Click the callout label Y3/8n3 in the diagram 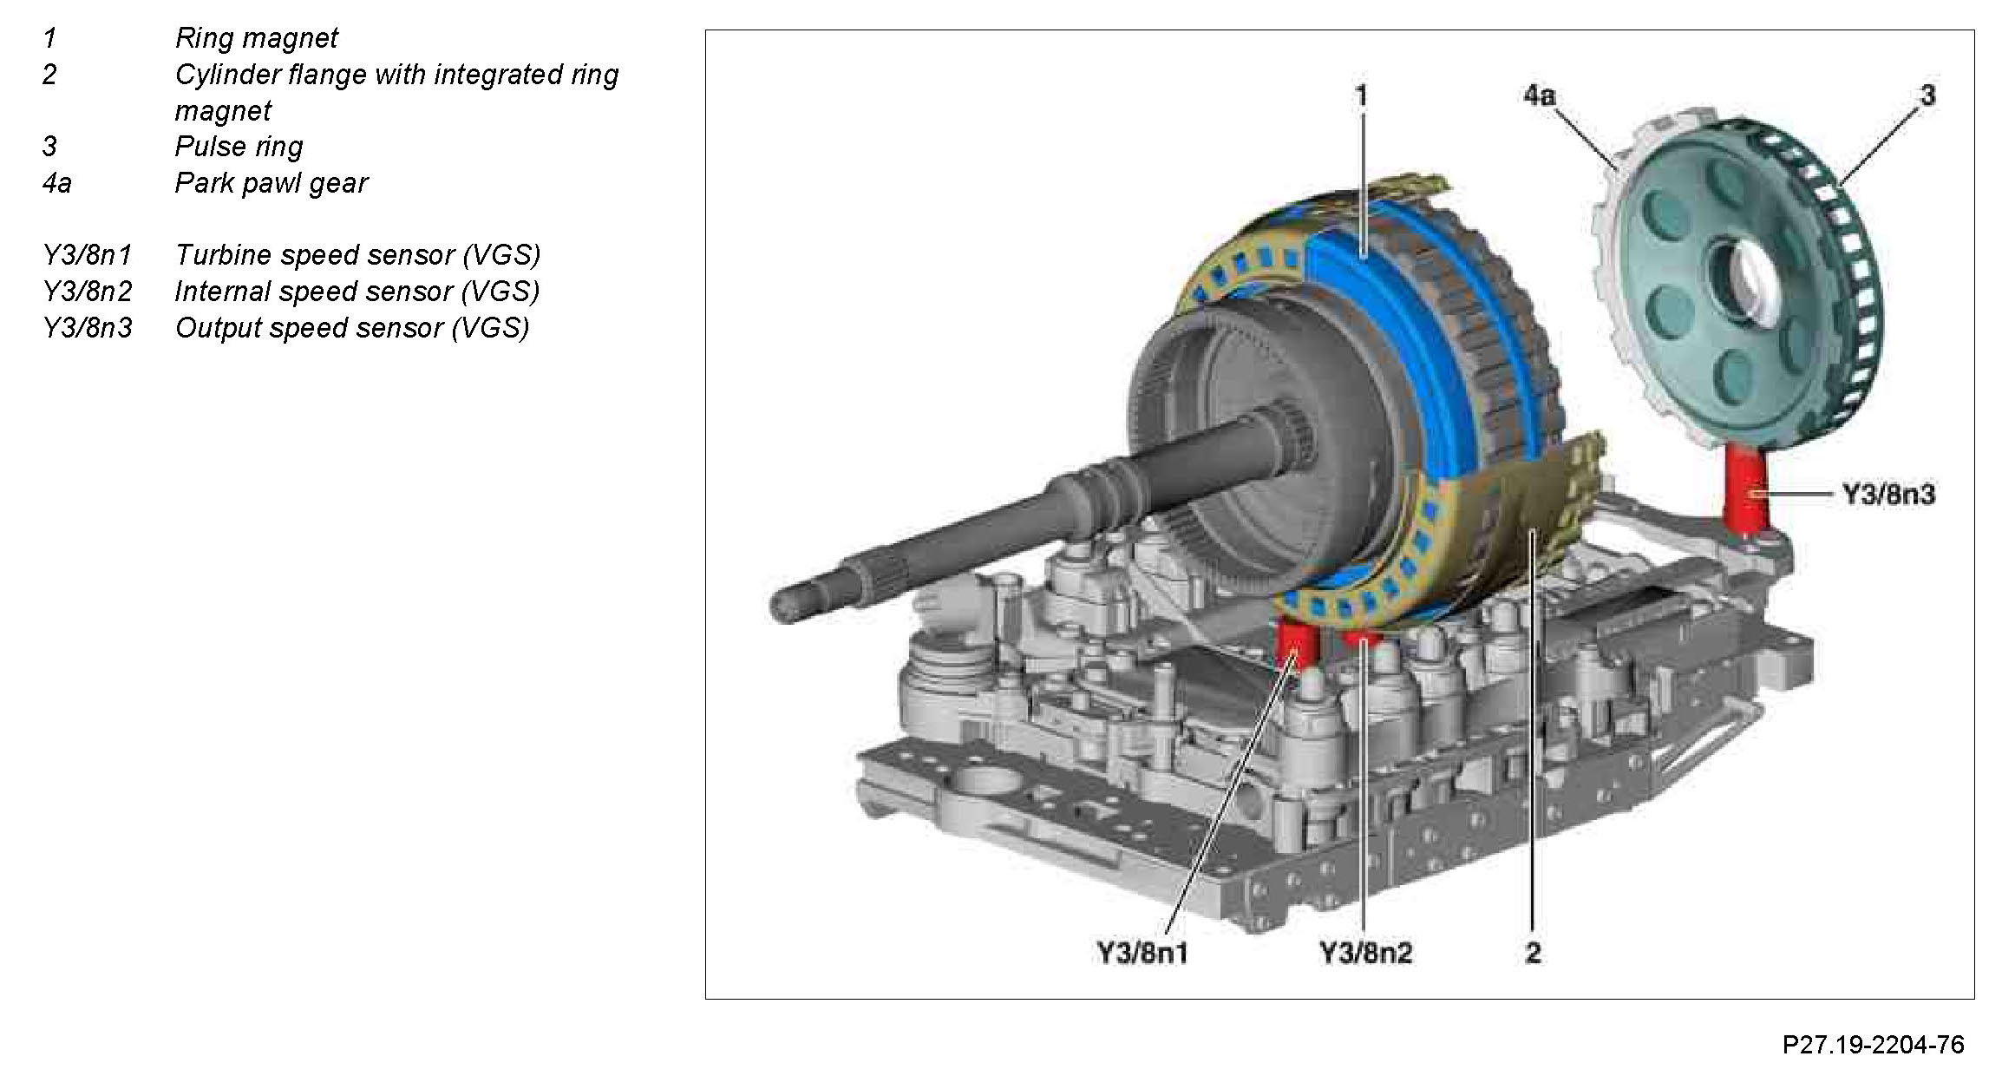1888,495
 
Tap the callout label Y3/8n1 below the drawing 1142,953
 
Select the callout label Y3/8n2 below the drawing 1365,953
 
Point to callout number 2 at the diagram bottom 1533,953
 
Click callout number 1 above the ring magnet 1361,95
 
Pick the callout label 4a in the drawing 1540,95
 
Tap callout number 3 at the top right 1927,95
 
